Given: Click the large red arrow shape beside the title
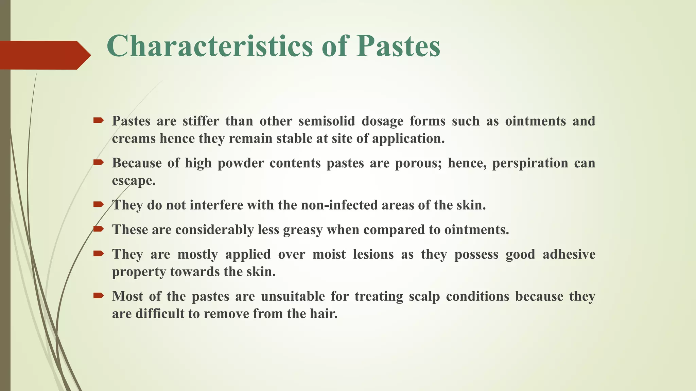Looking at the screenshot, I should pos(44,55).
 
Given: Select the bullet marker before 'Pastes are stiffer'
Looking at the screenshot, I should pos(98,120).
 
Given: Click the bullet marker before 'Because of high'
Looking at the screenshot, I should pos(98,162).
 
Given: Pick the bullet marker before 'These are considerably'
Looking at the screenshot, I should pos(98,229).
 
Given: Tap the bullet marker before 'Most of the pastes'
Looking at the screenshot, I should pos(98,296).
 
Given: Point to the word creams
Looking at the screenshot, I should pos(134,138).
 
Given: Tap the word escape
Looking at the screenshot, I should pos(134,181).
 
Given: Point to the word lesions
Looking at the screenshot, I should pos(373,254).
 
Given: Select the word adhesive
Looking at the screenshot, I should pos(569,254).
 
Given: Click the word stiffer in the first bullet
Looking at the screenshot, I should pos(201,121).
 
